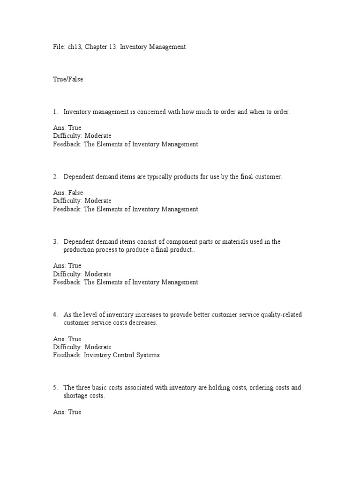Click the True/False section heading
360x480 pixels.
(68, 80)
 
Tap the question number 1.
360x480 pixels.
(55, 112)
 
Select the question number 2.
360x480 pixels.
(55, 177)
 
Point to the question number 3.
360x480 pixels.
(55, 242)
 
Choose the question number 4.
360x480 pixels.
(55, 315)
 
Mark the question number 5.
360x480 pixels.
(55, 388)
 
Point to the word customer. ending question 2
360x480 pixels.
(269, 177)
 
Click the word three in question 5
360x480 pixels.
(83, 388)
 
